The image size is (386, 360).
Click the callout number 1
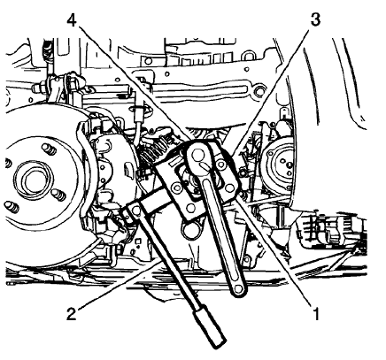(x=316, y=313)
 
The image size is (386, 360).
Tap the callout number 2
(x=72, y=313)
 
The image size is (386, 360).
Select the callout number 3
(x=315, y=19)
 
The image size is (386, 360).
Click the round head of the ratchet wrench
(x=197, y=154)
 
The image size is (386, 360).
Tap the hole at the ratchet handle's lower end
(x=238, y=288)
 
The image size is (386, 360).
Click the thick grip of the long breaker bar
(x=209, y=328)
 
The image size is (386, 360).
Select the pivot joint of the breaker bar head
(x=135, y=210)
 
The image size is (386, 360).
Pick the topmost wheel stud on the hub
(x=49, y=149)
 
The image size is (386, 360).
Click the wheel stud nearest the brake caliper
(x=58, y=195)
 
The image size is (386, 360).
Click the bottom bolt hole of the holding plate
(x=191, y=209)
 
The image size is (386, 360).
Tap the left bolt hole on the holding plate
(x=176, y=188)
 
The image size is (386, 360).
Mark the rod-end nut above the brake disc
(x=39, y=88)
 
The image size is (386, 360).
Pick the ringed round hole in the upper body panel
(x=259, y=91)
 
